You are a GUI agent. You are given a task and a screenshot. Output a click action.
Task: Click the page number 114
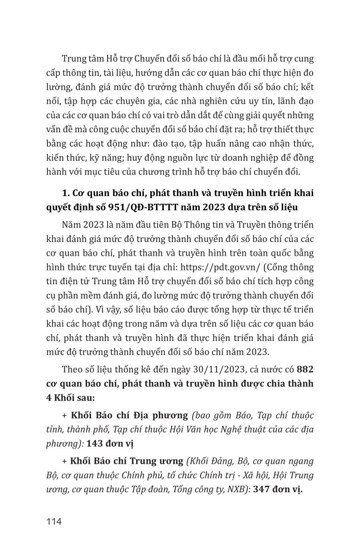54,522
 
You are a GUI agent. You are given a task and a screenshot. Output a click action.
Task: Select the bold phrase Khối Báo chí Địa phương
129,415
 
